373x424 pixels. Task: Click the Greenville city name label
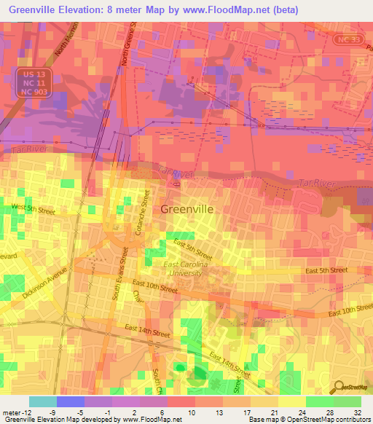coord(186,208)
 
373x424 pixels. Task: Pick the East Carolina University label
coord(185,269)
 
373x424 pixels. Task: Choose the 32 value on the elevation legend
coord(358,412)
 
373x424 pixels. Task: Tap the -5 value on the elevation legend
coord(87,412)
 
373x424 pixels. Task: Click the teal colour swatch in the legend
coord(42,401)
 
